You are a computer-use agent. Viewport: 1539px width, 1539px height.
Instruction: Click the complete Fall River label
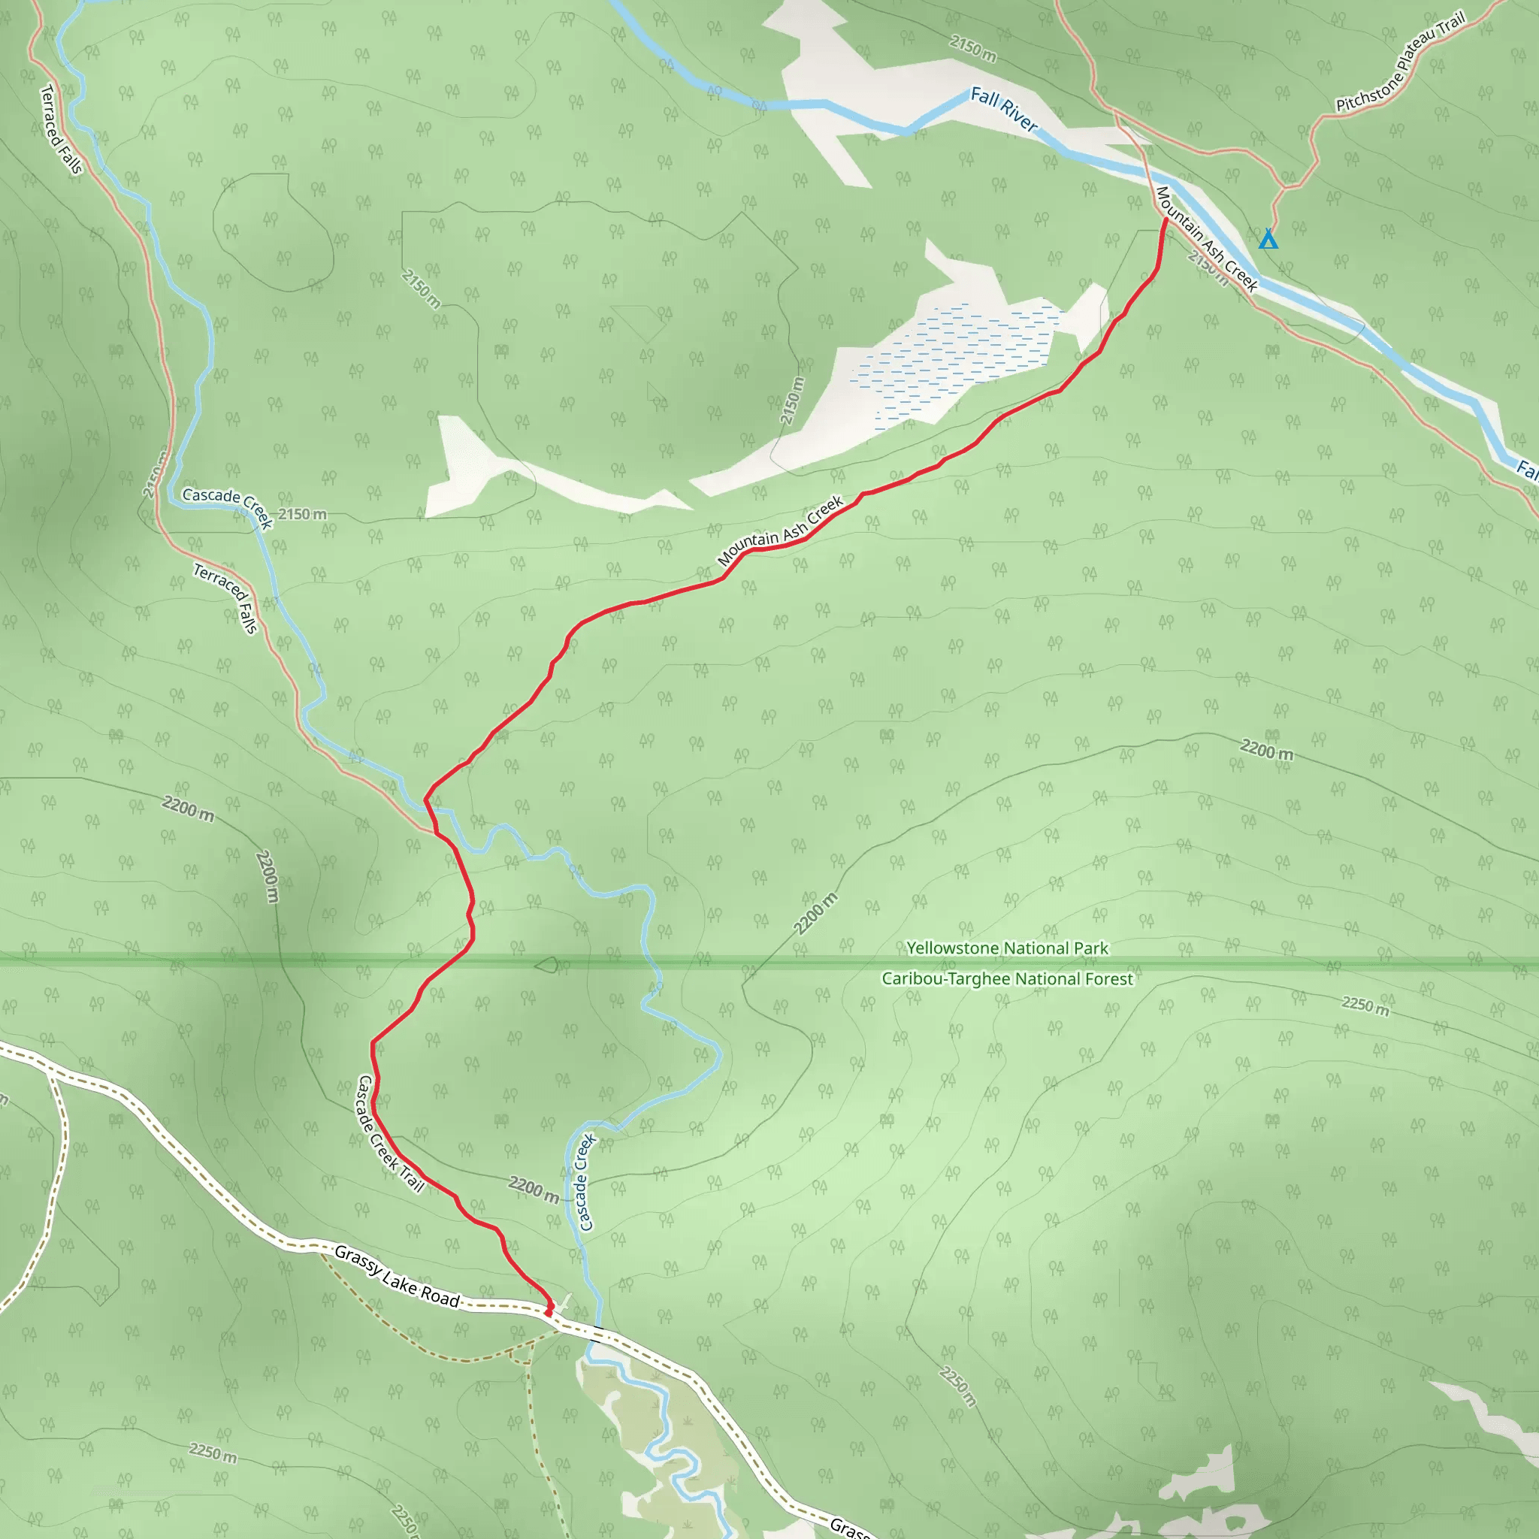[1004, 110]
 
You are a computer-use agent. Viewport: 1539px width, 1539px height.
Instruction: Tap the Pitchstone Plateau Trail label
[1401, 62]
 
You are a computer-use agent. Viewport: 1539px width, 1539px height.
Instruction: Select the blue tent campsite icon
[1268, 239]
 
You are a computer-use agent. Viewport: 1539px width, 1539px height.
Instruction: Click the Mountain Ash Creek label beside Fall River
[1205, 239]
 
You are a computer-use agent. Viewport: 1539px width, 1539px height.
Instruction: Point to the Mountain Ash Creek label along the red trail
[780, 531]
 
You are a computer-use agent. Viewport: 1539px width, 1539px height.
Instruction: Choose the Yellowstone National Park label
[1007, 948]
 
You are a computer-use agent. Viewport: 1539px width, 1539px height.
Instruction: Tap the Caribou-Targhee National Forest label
[1007, 978]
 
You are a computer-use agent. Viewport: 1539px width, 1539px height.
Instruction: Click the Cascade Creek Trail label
[389, 1133]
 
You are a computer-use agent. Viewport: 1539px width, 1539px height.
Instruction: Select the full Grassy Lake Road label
[398, 1276]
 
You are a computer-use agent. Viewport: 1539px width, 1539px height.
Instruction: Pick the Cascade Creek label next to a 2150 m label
[228, 506]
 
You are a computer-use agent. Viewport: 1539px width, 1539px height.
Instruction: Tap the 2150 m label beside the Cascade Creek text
[302, 514]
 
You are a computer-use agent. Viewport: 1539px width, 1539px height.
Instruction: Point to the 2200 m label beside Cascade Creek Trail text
[534, 1190]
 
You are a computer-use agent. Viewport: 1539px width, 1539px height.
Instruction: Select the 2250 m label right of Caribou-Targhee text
[1365, 1005]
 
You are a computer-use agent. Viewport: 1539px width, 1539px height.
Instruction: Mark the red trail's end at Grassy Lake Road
[549, 1311]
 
